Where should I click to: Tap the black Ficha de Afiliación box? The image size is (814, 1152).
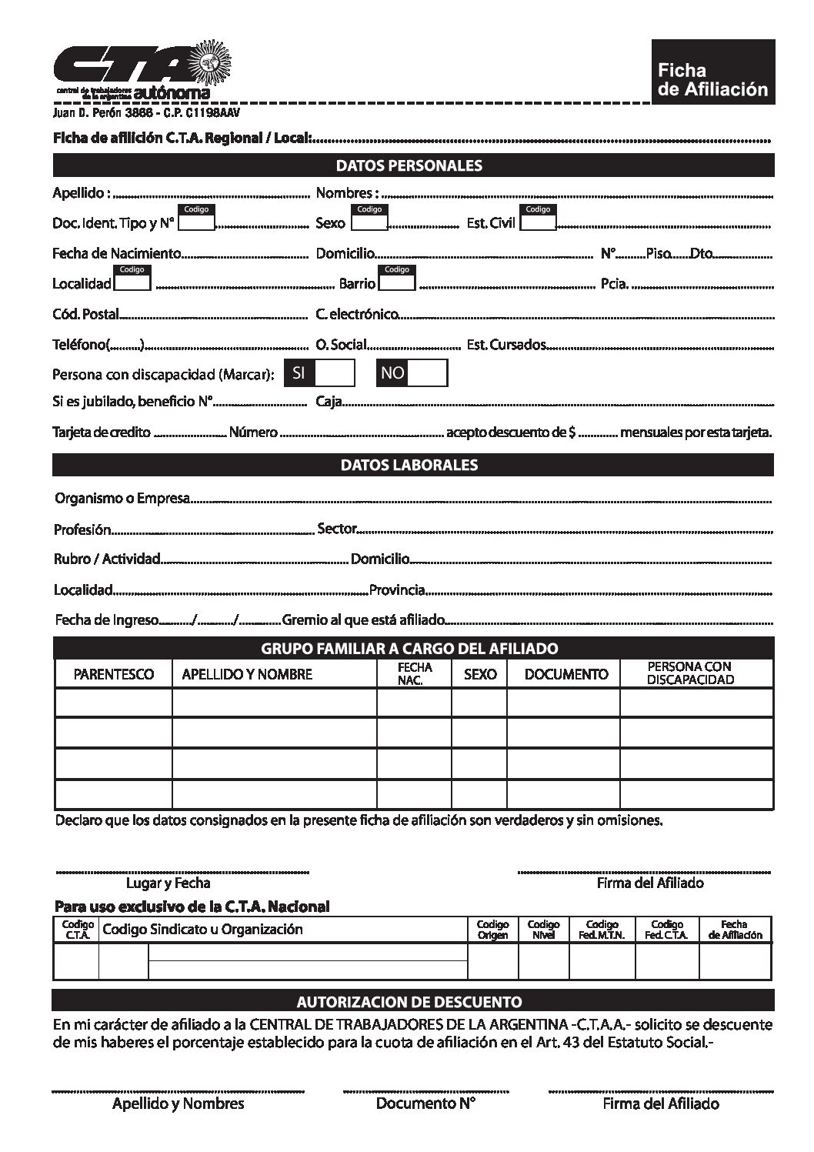[x=712, y=72]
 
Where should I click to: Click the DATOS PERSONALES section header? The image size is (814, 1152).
[x=413, y=165]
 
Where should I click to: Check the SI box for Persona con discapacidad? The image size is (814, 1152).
[x=335, y=373]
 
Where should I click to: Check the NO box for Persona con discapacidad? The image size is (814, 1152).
[x=427, y=373]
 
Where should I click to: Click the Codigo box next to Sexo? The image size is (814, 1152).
[x=370, y=222]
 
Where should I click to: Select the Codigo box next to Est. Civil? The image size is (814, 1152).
[x=539, y=222]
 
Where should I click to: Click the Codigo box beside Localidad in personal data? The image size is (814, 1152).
[x=132, y=282]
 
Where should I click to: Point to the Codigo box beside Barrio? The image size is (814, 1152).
[x=397, y=282]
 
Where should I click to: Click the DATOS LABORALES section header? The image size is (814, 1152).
[x=413, y=465]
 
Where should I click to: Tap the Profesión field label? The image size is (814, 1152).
[x=82, y=530]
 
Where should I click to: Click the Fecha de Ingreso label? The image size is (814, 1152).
[x=106, y=620]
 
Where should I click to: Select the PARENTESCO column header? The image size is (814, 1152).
[x=114, y=675]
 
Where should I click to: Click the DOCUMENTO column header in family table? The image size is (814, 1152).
[x=566, y=675]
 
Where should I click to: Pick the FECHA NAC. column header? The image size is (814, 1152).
[x=415, y=674]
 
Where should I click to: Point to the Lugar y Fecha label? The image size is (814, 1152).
[x=168, y=883]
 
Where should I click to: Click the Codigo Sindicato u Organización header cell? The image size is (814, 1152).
[x=202, y=930]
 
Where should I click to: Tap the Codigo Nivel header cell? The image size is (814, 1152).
[x=544, y=930]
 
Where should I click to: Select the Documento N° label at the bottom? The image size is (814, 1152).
[x=425, y=1104]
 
